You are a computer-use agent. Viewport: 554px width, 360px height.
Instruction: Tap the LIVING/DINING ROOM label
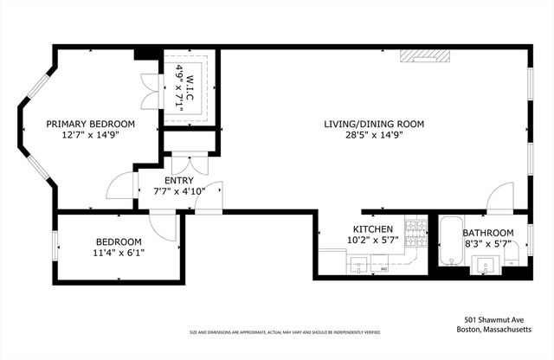pos(374,124)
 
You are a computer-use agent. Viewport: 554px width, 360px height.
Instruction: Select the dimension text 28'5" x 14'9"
pos(374,135)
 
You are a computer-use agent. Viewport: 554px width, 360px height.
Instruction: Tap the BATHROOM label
pos(487,233)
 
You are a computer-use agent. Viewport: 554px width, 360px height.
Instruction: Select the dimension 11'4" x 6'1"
pos(119,252)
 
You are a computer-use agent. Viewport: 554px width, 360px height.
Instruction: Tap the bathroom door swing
pos(500,200)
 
